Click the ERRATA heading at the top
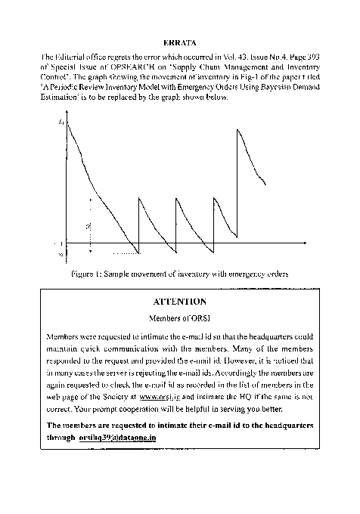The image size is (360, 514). (179, 43)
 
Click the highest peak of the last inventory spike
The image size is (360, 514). (238, 129)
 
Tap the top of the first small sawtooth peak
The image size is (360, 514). (139, 198)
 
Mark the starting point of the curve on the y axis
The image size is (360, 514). (67, 122)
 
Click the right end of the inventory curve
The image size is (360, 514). (265, 184)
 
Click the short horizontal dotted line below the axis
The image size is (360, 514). (126, 254)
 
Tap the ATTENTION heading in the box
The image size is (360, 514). (180, 302)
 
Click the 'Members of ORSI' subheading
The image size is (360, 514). (179, 318)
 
